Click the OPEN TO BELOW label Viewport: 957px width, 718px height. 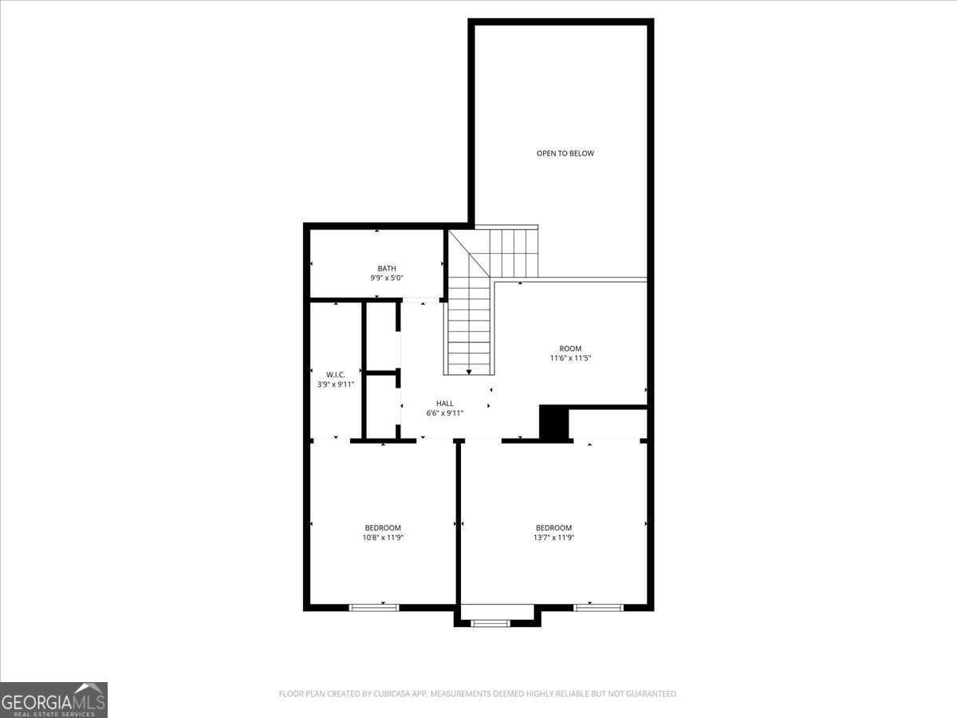coord(565,153)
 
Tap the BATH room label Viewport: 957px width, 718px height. coord(387,268)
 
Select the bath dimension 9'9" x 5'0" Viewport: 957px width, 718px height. coord(387,278)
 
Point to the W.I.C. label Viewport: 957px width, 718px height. coord(336,374)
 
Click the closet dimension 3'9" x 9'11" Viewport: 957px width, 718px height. coord(336,385)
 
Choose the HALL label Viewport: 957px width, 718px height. coord(445,404)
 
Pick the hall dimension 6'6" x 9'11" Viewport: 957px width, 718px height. coord(445,413)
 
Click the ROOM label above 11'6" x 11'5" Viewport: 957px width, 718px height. coord(570,349)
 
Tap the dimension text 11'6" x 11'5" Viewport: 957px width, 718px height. coord(570,358)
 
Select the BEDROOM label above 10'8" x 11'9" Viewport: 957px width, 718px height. coord(383,527)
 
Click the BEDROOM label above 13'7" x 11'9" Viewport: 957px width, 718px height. coord(553,527)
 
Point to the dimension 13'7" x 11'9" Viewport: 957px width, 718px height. coord(553,538)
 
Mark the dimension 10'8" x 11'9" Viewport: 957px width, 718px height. coord(383,538)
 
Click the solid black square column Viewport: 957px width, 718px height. coord(553,423)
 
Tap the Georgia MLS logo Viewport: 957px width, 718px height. coord(53,700)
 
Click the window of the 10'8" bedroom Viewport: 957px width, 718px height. coord(374,607)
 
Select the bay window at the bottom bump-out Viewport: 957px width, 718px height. coord(490,622)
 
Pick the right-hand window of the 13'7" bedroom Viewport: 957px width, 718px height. coord(598,607)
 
